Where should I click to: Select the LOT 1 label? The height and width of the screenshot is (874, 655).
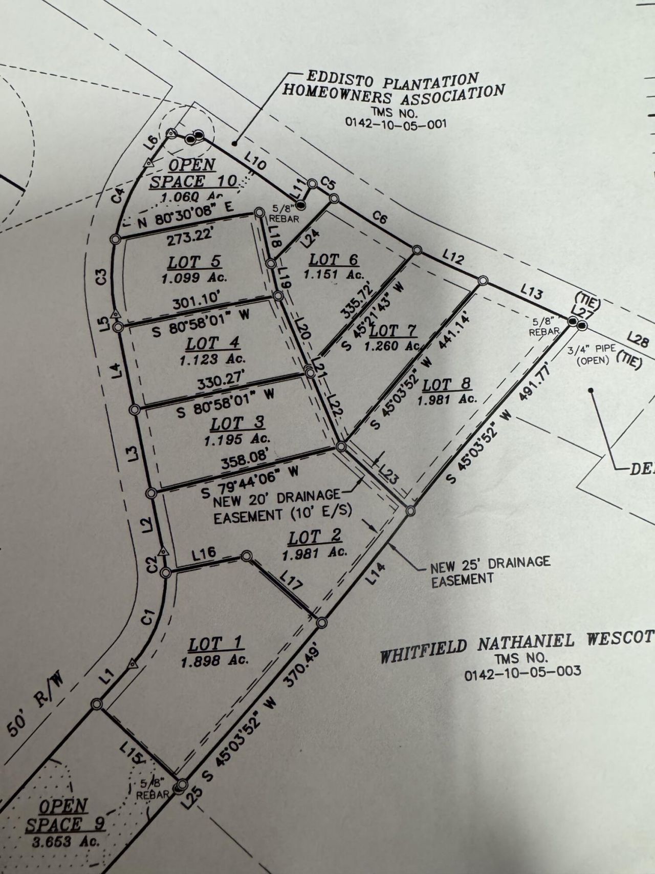click(x=215, y=644)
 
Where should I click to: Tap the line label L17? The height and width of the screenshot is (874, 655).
click(x=291, y=582)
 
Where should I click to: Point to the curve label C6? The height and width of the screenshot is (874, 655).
click(x=379, y=218)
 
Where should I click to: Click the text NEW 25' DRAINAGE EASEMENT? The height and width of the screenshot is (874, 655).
click(x=490, y=570)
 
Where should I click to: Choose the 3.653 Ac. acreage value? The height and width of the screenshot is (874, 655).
click(x=65, y=841)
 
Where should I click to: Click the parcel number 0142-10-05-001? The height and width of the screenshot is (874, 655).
click(x=396, y=123)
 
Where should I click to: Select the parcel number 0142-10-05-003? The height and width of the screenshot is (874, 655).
click(x=522, y=672)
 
